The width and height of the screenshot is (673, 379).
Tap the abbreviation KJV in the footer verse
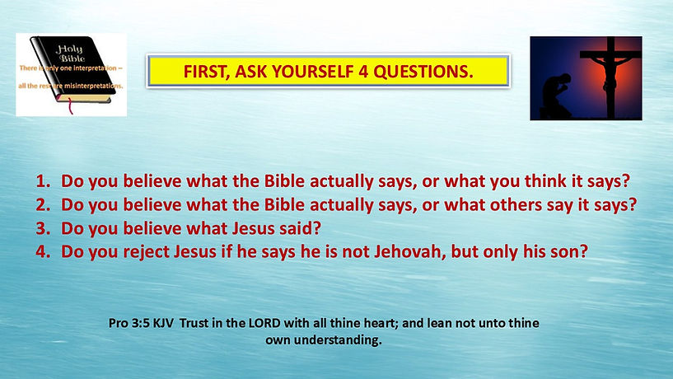165,325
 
